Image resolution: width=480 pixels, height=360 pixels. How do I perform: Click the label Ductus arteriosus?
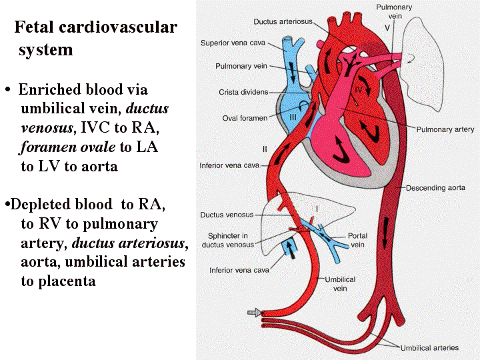tap(283, 22)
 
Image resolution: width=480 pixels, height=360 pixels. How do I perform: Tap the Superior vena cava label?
tap(233, 43)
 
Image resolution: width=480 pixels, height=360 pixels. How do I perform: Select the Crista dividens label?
tap(243, 92)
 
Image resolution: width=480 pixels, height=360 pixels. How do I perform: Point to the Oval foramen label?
tap(245, 118)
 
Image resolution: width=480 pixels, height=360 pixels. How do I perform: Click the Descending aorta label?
tap(435, 188)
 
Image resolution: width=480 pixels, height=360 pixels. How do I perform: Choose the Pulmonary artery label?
tap(445, 130)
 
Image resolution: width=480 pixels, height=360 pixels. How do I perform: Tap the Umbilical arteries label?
tap(429, 348)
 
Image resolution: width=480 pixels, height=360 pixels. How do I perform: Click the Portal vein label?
tap(357, 240)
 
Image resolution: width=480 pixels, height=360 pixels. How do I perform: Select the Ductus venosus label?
tap(227, 215)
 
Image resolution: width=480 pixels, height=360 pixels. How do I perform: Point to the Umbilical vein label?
tap(340, 284)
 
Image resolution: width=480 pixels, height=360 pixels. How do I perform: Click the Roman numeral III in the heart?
tap(293, 117)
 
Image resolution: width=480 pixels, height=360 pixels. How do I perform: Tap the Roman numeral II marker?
tap(265, 149)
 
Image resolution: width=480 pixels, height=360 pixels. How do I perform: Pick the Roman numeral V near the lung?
tap(387, 28)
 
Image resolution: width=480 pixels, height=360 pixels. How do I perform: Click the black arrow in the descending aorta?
tap(385, 233)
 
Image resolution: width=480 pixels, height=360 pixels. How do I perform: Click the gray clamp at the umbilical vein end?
tap(255, 313)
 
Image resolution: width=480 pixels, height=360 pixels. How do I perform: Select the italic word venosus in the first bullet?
tap(47, 128)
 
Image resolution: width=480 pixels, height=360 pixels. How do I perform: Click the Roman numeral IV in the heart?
tap(359, 90)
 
